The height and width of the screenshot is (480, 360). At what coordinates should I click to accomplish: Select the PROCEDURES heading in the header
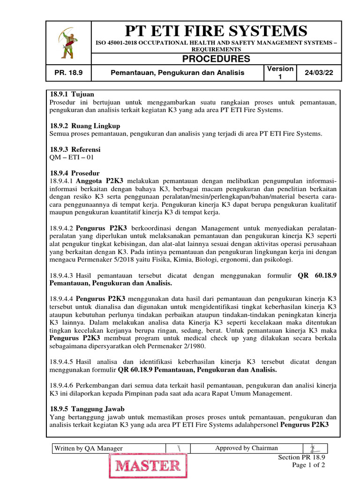click(216, 59)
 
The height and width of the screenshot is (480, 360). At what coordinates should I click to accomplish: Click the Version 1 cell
click(280, 73)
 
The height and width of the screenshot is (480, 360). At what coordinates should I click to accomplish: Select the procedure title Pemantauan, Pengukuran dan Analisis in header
click(178, 73)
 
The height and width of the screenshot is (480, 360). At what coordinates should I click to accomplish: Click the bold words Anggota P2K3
click(99, 181)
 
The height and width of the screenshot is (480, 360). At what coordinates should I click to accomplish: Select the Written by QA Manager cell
click(89, 448)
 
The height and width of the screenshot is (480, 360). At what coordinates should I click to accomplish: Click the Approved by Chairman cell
click(247, 448)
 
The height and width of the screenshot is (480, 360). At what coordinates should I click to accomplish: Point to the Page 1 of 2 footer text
click(308, 465)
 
